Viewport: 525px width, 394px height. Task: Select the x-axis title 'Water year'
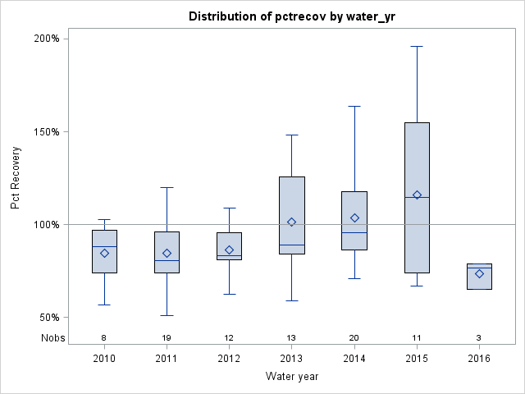[x=291, y=377]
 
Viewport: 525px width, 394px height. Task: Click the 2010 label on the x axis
[x=104, y=359]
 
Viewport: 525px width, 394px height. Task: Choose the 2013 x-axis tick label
[x=291, y=359]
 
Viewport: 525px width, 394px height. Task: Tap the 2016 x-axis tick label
[x=479, y=359]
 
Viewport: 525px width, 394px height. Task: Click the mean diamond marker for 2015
[x=417, y=195]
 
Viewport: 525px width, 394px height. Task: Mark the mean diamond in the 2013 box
[x=291, y=222]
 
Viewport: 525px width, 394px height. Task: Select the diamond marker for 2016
[x=479, y=273]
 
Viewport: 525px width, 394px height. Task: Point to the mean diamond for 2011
[x=167, y=253]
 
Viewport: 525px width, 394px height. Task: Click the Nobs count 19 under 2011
[x=167, y=337]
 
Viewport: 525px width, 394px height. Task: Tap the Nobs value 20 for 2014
[x=354, y=337]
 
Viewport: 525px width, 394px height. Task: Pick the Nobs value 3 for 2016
[x=479, y=337]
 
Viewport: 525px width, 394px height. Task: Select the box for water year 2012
[x=229, y=246]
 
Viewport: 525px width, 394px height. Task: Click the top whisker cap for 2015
[x=417, y=46]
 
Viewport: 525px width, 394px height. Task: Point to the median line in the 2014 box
[x=354, y=232]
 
